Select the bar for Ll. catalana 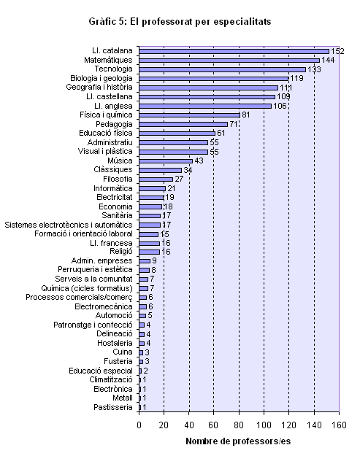coord(234,52)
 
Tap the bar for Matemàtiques coord(229,61)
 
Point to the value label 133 coord(314,69)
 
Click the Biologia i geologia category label coord(102,78)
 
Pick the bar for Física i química coord(189,115)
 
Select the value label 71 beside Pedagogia coord(234,124)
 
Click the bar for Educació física coord(177,134)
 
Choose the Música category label coord(120,161)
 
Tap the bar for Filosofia coord(156,179)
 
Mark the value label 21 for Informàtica coord(172,188)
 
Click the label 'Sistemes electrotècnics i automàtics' coord(69,225)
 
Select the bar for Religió coord(150,252)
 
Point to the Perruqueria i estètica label coord(95,270)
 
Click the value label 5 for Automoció coord(150,316)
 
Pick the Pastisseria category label coord(113,408)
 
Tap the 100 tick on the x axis coord(264,425)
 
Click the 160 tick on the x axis coord(339,425)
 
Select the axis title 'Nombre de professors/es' coord(238,441)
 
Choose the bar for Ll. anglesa coord(205,107)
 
